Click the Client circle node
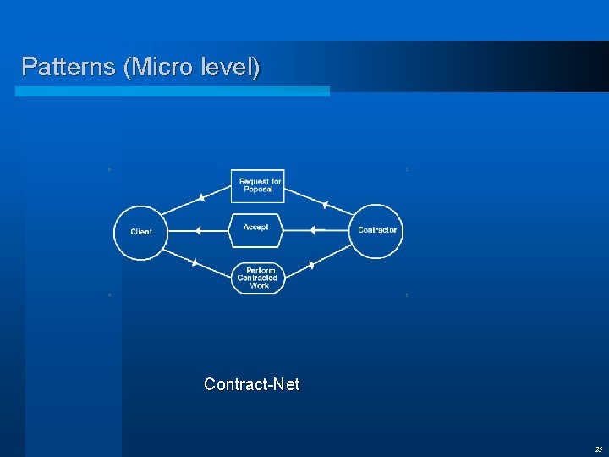click(x=141, y=232)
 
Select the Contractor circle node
click(x=376, y=230)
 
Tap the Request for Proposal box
click(x=258, y=185)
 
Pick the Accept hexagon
click(x=256, y=229)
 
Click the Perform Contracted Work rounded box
click(x=258, y=278)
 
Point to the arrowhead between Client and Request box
click(x=200, y=198)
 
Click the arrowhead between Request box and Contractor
click(x=325, y=204)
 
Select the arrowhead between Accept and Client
click(x=197, y=230)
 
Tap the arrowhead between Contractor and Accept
click(x=312, y=229)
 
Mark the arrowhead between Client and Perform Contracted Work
click(x=195, y=262)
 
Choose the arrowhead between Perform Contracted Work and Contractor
click(x=311, y=265)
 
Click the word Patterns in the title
click(x=69, y=67)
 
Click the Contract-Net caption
click(x=251, y=384)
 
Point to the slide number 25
click(x=598, y=449)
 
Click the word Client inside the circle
click(x=141, y=232)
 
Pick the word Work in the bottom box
click(x=259, y=286)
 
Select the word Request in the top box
click(x=252, y=181)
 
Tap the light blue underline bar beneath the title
click(x=173, y=91)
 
